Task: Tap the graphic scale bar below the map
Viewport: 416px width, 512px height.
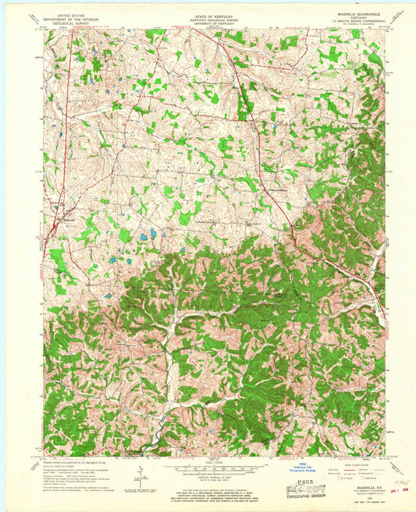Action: click(207, 470)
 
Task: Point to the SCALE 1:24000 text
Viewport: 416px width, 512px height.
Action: click(207, 464)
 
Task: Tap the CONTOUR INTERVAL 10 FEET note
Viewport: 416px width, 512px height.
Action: click(207, 477)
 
